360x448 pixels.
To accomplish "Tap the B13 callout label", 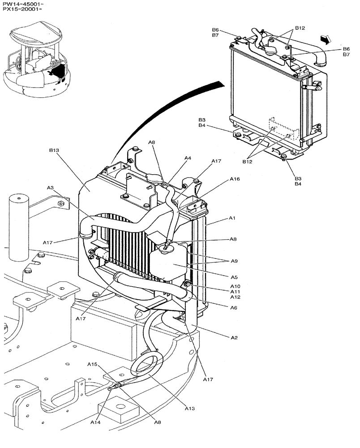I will click(x=54, y=151).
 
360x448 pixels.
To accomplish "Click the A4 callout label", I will click(x=188, y=158).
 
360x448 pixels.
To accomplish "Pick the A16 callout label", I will click(x=235, y=179).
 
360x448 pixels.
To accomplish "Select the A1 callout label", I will click(x=232, y=218).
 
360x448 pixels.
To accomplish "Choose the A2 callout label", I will click(x=233, y=338).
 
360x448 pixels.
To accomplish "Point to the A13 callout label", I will click(x=190, y=408).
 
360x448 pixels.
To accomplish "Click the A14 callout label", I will click(x=95, y=422).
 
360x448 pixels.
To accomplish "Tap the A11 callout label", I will click(x=235, y=291).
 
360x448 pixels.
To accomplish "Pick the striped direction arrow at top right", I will click(x=328, y=39).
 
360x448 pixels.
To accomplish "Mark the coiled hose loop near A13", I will click(x=146, y=362).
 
